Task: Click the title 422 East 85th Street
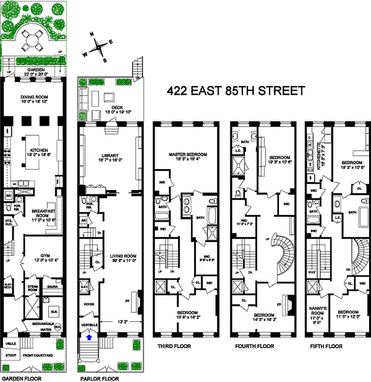click(235, 91)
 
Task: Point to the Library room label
click(111, 155)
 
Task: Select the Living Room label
click(121, 256)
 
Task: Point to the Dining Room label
click(36, 97)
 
